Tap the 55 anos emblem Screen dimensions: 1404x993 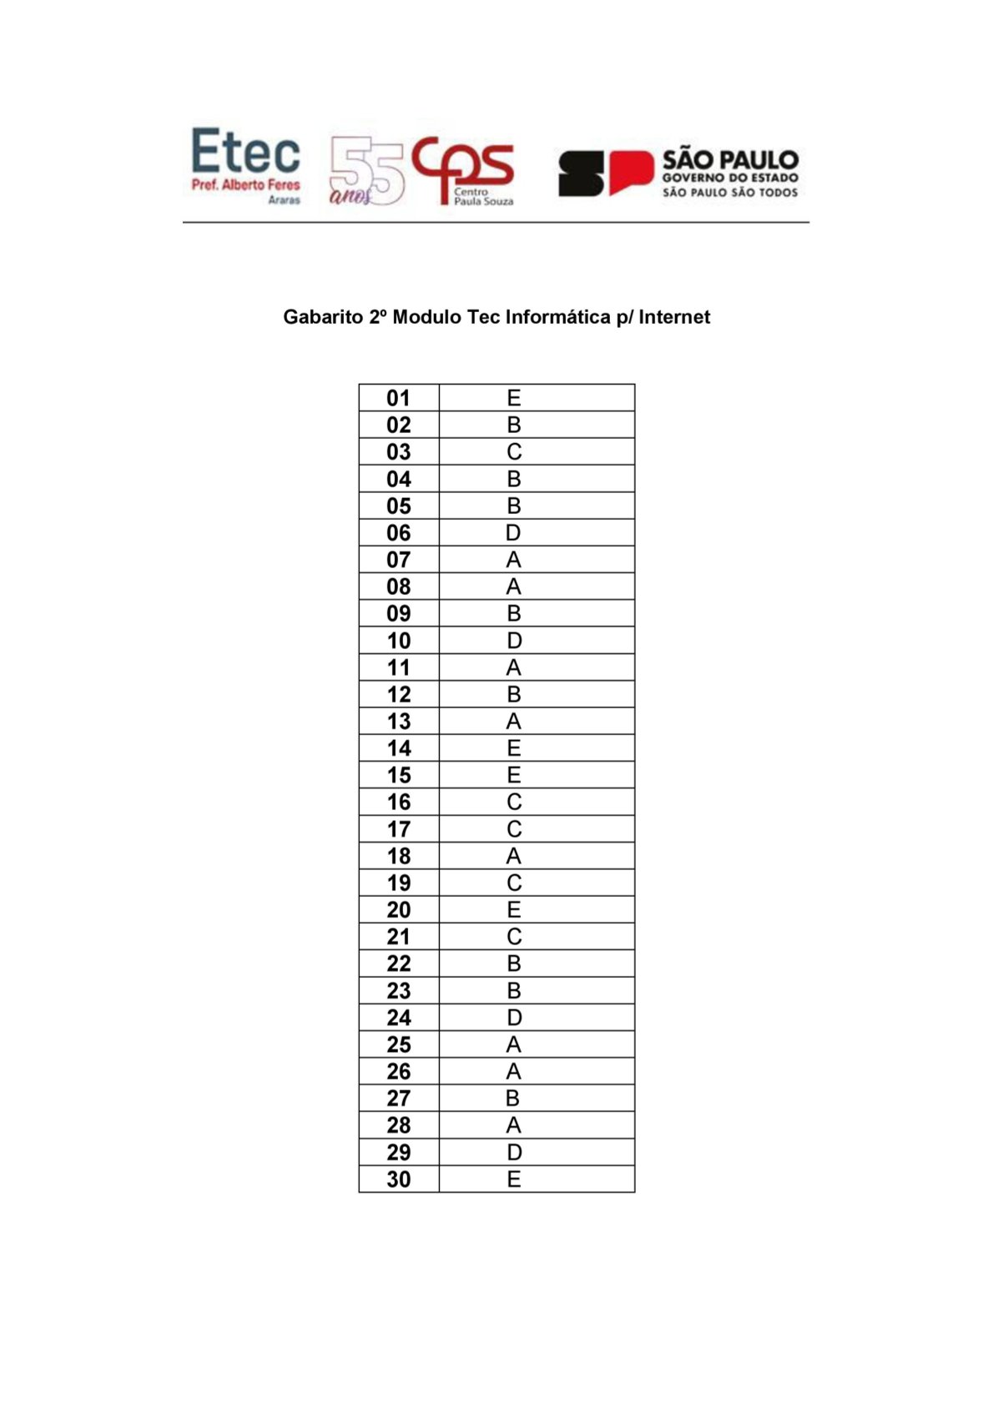[367, 172]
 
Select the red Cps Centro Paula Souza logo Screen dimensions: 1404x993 [464, 169]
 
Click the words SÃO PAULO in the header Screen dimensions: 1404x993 [730, 159]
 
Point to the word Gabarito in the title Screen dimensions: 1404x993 [322, 317]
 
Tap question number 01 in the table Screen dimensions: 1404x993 [399, 398]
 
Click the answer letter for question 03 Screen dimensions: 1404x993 [514, 452]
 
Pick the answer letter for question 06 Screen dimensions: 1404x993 [514, 533]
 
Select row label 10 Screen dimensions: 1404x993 [399, 641]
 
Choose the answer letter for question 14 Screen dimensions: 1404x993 [514, 748]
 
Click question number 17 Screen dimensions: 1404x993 [399, 829]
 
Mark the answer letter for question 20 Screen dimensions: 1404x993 [514, 910]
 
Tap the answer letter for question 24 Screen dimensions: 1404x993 [514, 1018]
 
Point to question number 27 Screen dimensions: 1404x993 [399, 1099]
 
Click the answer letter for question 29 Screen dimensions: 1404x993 [514, 1152]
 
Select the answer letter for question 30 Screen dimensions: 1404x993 [514, 1180]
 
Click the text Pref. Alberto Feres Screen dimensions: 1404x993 [245, 184]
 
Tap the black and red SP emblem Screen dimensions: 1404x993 [605, 173]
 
